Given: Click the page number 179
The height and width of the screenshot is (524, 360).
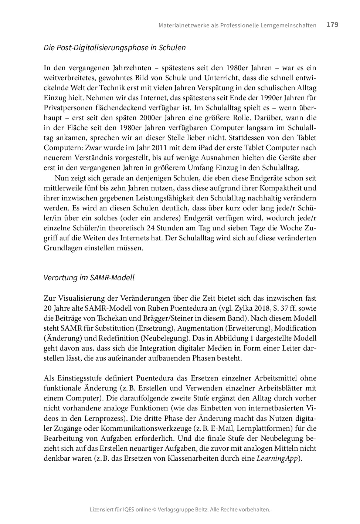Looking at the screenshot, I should coord(332,25).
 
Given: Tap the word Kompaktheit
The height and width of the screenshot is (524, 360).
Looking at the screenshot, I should coord(284,188).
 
